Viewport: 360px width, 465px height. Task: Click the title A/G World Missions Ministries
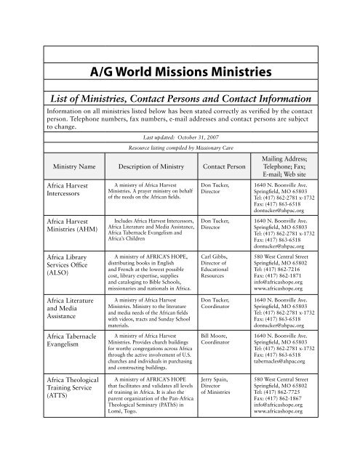pyautogui.click(x=180, y=72)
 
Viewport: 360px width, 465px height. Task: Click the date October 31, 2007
pyautogui.click(x=198, y=136)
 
